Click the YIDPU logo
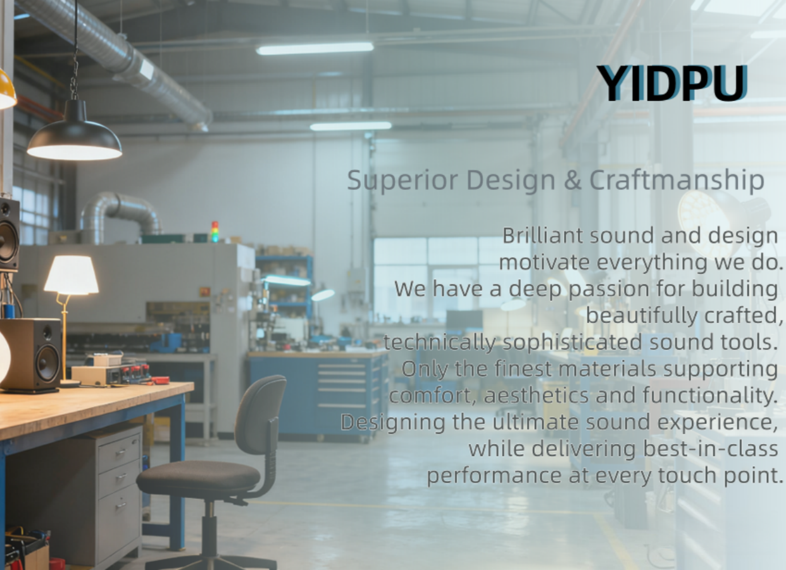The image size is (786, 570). (671, 83)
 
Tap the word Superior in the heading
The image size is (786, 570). (402, 180)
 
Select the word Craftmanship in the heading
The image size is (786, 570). (677, 180)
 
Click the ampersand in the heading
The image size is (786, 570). (573, 180)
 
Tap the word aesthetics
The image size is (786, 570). (536, 396)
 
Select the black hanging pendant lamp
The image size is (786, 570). (75, 130)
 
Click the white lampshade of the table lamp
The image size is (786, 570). (72, 275)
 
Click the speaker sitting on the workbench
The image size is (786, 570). (32, 355)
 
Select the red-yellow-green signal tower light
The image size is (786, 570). (215, 232)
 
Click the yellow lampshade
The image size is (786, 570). (6, 89)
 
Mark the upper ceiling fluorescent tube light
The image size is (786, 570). (315, 49)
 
